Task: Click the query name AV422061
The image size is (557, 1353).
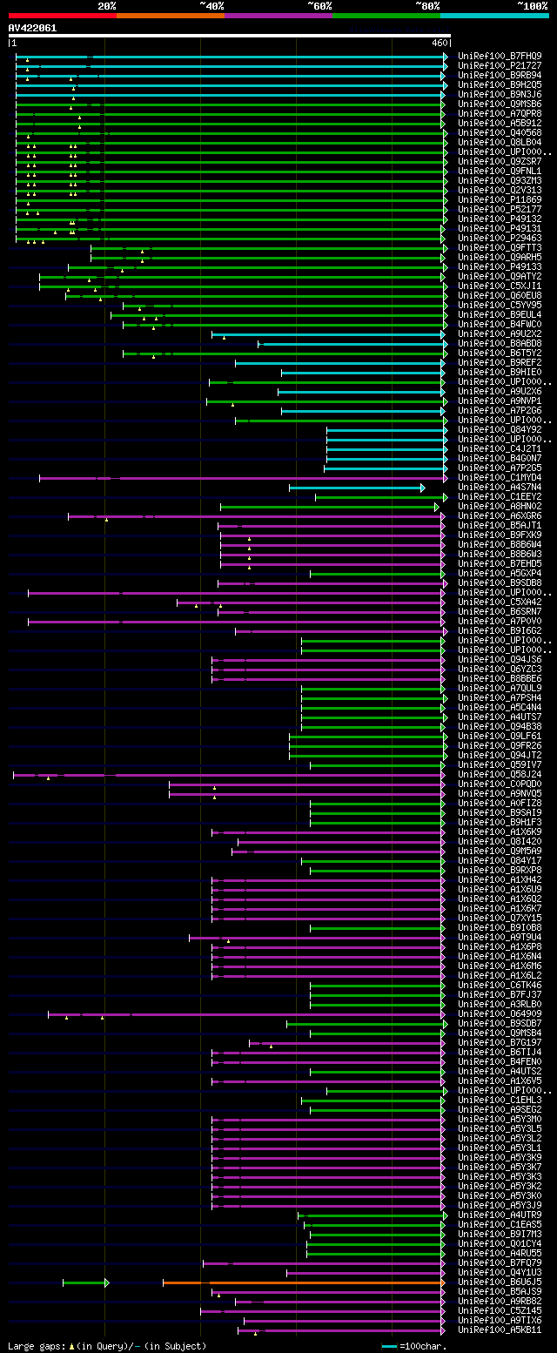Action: click(x=32, y=28)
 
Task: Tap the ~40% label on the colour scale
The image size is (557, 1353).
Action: click(x=211, y=5)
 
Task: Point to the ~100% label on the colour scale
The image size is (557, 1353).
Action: click(x=532, y=5)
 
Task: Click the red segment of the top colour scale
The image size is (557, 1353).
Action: click(x=62, y=16)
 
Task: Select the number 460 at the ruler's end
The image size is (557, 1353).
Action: click(x=440, y=43)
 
